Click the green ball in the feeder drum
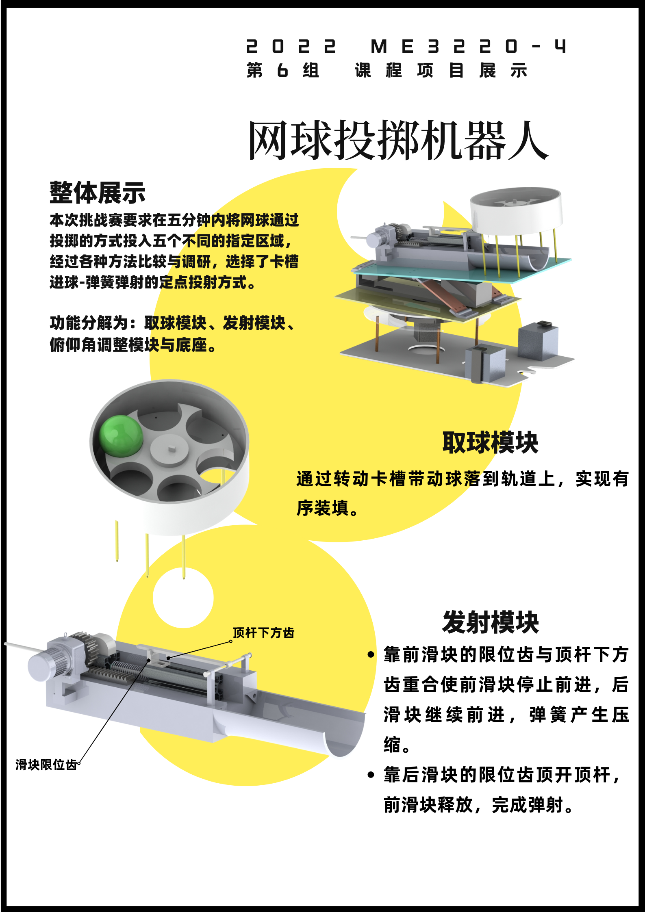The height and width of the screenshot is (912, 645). pyautogui.click(x=121, y=436)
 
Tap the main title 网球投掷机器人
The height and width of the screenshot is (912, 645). pyautogui.click(x=398, y=140)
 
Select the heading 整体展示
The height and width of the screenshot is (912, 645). pyautogui.click(x=98, y=193)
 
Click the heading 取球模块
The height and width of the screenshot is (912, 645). pyautogui.click(x=490, y=442)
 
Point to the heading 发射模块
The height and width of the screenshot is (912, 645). pyautogui.click(x=490, y=622)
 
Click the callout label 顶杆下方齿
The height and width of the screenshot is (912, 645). pyautogui.click(x=263, y=633)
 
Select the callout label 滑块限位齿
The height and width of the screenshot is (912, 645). pyautogui.click(x=46, y=765)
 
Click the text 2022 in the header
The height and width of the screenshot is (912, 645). pyautogui.click(x=291, y=46)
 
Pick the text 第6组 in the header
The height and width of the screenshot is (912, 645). pyautogui.click(x=283, y=70)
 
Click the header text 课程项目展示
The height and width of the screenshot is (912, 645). pyautogui.click(x=441, y=70)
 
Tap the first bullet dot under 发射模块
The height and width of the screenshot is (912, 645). pyautogui.click(x=371, y=654)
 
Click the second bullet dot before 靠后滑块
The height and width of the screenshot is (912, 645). pyautogui.click(x=371, y=775)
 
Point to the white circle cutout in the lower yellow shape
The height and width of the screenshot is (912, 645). pyautogui.click(x=183, y=598)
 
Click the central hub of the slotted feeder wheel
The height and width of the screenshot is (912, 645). pyautogui.click(x=169, y=450)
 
